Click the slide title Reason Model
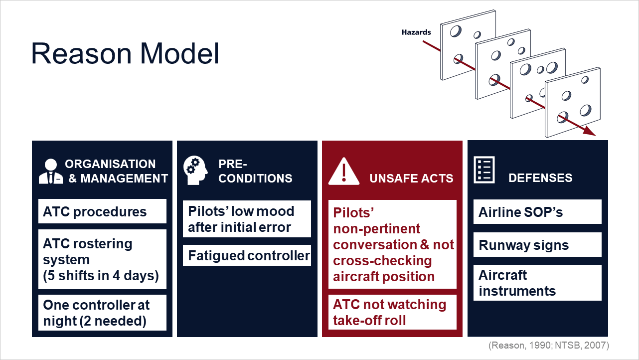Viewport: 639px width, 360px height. [x=125, y=53]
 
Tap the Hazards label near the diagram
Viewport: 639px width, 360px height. [x=416, y=32]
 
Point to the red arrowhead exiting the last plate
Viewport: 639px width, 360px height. [x=589, y=131]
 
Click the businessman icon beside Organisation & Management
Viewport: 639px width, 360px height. [x=51, y=171]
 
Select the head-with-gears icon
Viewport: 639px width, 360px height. [x=195, y=171]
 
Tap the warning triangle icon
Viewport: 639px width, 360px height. [x=344, y=171]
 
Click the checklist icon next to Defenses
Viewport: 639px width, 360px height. [x=484, y=170]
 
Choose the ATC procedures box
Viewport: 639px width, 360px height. [x=102, y=211]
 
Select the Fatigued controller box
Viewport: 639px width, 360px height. [x=247, y=255]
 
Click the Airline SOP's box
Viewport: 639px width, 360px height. [x=537, y=212]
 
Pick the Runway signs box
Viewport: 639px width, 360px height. [x=537, y=245]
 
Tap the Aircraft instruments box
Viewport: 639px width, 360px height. [x=537, y=283]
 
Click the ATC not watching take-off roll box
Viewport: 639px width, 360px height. [x=393, y=312]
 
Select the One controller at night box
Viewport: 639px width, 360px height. [x=102, y=313]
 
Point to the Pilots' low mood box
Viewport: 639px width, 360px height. [x=247, y=219]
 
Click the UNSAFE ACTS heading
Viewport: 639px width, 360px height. [x=411, y=179]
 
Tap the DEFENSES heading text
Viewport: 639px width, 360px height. [x=540, y=178]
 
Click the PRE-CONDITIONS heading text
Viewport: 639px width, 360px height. [x=255, y=171]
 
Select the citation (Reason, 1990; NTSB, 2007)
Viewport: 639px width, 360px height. [x=549, y=346]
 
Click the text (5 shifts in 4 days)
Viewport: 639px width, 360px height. [x=101, y=276]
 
